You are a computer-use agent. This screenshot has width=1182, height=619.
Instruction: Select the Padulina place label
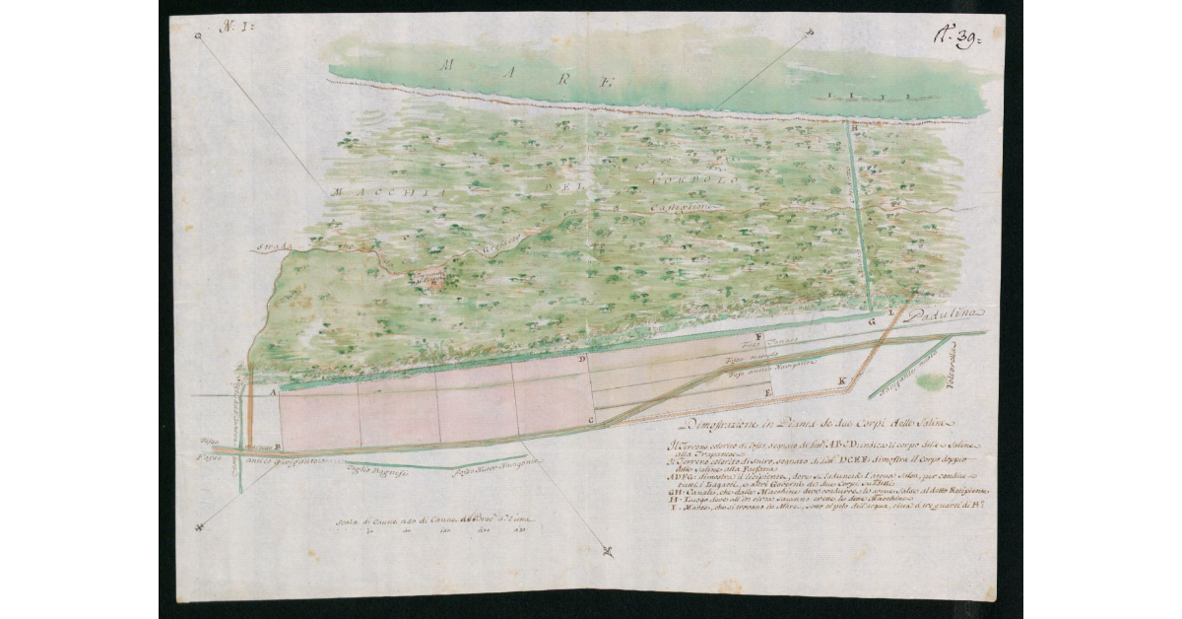[945, 313]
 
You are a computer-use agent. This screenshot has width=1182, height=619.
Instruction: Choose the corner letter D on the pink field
[582, 361]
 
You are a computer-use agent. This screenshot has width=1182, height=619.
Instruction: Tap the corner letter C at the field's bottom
[590, 421]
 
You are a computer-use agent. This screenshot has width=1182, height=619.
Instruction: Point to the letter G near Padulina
[871, 321]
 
